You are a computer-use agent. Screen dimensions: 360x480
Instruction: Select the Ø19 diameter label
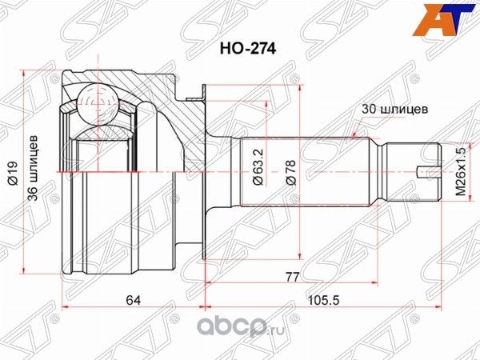coord(17,171)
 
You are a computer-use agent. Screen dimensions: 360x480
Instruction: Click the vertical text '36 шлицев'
coord(34,171)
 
